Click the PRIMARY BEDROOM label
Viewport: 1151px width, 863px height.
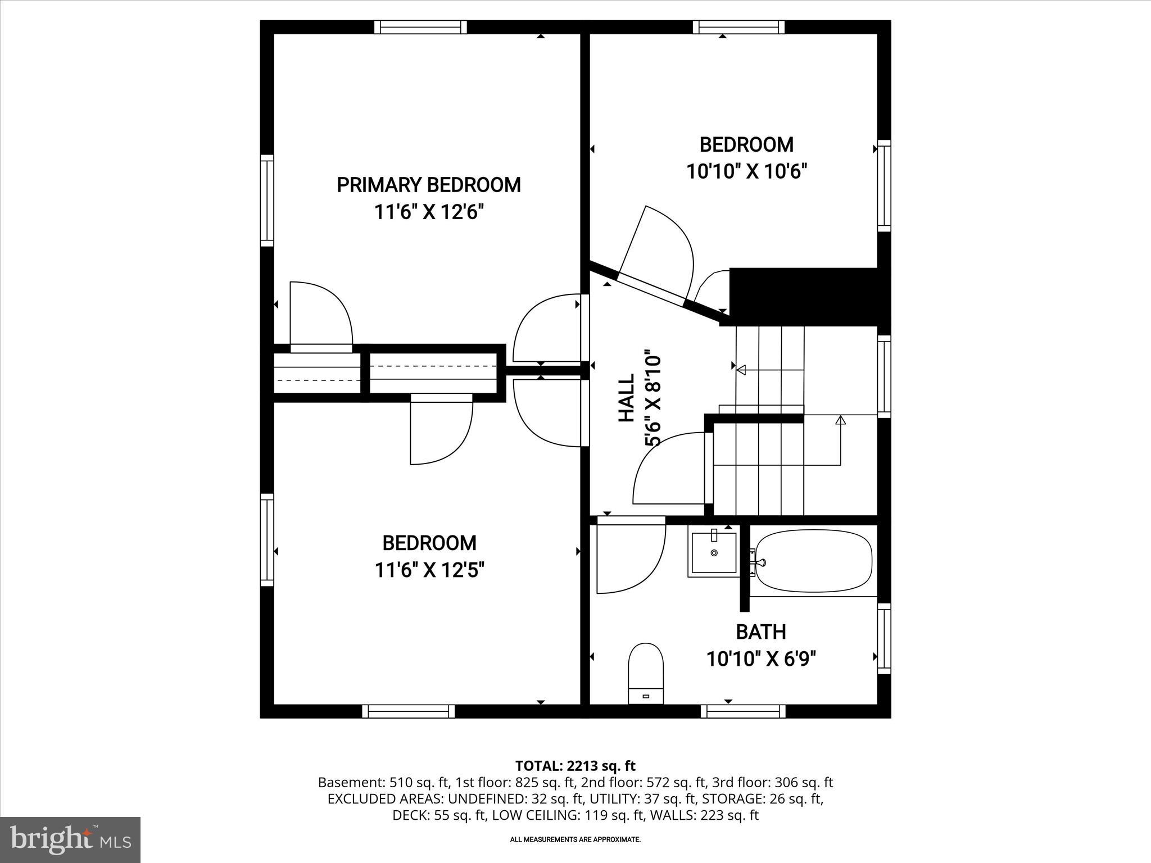pos(428,185)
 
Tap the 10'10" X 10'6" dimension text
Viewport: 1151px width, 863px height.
pos(746,171)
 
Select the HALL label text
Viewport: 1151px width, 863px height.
pos(626,398)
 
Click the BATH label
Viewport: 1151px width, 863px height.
pos(760,632)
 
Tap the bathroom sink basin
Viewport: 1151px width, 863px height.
pos(714,553)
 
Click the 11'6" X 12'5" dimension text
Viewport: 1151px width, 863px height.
pos(429,571)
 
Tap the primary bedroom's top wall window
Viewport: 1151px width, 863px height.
pos(420,27)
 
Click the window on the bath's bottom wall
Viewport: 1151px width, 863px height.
pos(743,711)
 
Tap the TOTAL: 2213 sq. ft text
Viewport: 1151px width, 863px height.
pos(575,766)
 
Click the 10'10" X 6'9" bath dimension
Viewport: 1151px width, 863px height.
pos(761,658)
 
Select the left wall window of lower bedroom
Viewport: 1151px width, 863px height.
pos(267,540)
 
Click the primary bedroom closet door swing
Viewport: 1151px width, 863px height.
pos(320,315)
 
